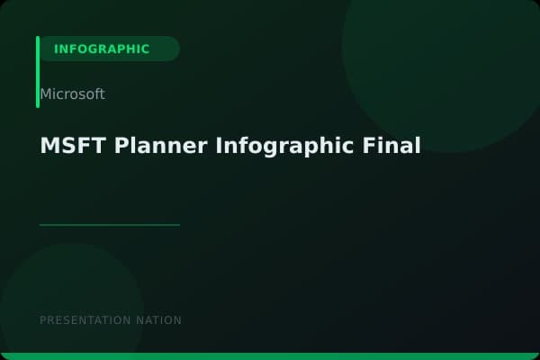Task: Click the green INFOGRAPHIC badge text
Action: (x=102, y=49)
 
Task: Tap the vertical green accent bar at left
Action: (x=38, y=72)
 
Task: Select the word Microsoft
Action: (x=72, y=94)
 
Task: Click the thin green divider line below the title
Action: (x=110, y=225)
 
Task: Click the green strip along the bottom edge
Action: (x=270, y=356)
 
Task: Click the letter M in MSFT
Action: (x=49, y=146)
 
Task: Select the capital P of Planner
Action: (x=121, y=146)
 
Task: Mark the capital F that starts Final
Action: (x=372, y=146)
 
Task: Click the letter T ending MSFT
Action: (x=101, y=146)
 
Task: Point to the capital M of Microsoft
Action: (x=45, y=94)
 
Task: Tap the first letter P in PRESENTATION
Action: (x=43, y=320)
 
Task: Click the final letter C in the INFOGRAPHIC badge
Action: (x=145, y=49)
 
